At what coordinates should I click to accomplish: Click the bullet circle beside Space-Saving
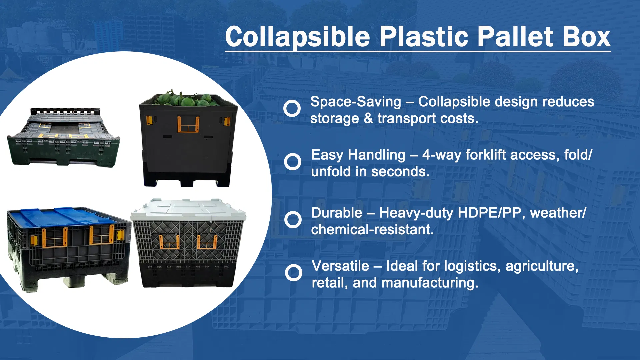[x=292, y=108]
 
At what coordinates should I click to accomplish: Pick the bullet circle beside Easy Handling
[x=293, y=162]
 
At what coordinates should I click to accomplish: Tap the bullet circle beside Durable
[x=293, y=220]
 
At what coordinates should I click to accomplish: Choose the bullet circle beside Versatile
[x=294, y=273]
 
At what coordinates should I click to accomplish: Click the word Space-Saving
[x=356, y=102]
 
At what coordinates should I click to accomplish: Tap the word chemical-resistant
[x=372, y=230]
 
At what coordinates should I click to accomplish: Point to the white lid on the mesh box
[x=188, y=208]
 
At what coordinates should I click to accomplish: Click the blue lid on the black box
[x=63, y=217]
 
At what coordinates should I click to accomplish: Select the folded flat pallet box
[x=63, y=137]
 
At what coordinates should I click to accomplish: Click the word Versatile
[x=340, y=266]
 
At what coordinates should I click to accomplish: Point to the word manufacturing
[x=430, y=283]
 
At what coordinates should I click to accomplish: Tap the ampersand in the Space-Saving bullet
[x=368, y=119]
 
